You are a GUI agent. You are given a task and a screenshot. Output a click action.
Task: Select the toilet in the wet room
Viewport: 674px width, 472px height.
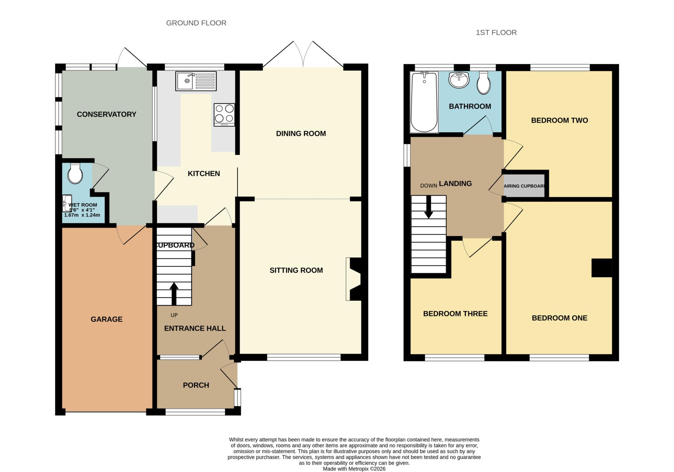coord(75,174)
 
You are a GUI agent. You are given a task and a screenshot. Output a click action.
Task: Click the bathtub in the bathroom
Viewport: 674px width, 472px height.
coord(424,102)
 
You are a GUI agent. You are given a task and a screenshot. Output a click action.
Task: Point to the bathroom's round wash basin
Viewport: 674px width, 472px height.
coord(459,80)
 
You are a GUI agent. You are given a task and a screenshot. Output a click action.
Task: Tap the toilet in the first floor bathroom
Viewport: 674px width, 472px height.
coord(483,83)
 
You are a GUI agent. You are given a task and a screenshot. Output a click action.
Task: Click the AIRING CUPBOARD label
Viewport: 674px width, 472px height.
coord(524,186)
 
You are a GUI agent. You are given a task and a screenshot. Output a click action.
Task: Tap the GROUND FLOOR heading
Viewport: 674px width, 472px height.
coord(196,23)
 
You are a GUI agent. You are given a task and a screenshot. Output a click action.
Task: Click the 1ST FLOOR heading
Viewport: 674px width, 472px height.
coord(496,33)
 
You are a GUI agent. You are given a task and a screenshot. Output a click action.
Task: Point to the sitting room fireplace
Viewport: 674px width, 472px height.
coord(354,279)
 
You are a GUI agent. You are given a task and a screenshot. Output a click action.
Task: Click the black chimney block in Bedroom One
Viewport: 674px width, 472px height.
coord(602,268)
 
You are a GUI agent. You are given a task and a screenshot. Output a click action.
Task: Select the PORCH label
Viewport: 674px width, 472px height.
coord(196,385)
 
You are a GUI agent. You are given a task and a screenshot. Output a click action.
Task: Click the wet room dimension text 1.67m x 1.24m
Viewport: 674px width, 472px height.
coord(82,215)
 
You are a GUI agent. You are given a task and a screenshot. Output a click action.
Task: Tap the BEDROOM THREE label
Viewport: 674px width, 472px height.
coord(455,314)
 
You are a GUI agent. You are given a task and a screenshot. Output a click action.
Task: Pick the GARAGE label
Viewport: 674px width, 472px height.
coord(107,319)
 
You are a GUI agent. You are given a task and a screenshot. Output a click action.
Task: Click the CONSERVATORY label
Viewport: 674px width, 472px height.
coord(106,114)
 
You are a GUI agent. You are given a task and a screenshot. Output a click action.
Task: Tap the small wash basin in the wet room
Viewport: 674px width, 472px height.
coord(67,203)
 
